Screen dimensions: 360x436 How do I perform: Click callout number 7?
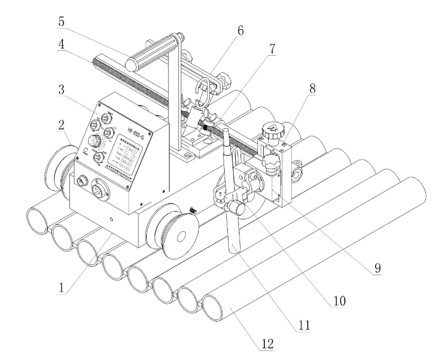coord(272,50)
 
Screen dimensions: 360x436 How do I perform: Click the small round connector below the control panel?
coord(83,182)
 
